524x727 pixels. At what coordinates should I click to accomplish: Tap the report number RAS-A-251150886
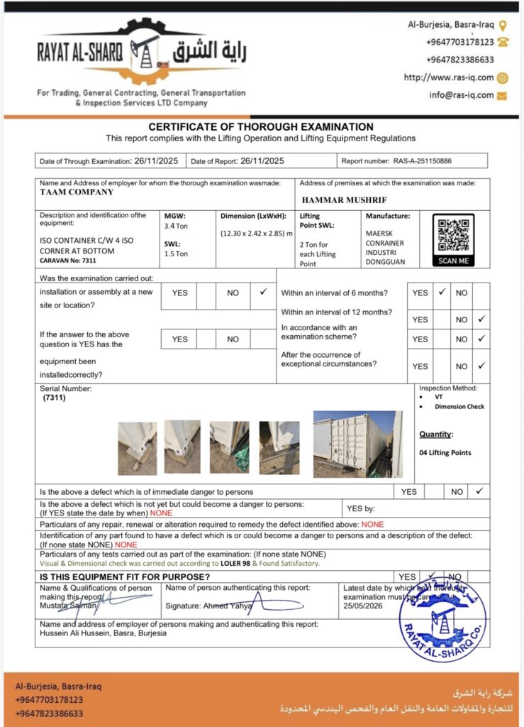(423, 161)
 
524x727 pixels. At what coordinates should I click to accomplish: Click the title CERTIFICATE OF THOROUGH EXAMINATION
(261, 127)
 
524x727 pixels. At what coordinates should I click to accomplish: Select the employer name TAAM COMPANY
(77, 192)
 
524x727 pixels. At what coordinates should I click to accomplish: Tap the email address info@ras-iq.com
(461, 95)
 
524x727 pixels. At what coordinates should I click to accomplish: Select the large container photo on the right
(357, 444)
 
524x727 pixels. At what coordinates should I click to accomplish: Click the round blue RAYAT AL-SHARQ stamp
(442, 617)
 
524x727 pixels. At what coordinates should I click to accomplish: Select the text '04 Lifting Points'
(445, 452)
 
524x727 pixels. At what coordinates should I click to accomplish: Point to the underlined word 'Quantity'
(435, 434)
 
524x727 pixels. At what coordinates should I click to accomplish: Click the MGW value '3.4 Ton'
(176, 226)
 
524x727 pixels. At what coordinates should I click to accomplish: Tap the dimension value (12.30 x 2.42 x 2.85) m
(256, 234)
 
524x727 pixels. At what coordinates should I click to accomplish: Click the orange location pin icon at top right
(503, 26)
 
